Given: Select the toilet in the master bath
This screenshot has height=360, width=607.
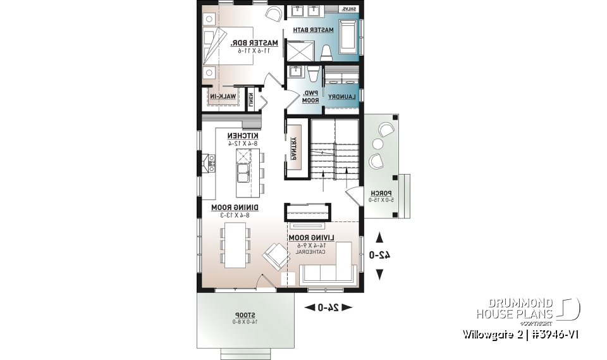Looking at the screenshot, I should click(326, 53).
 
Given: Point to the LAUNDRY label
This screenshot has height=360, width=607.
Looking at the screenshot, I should click(342, 96).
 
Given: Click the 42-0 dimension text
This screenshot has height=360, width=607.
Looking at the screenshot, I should click(379, 255).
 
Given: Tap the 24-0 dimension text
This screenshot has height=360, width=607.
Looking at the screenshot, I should click(328, 307).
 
